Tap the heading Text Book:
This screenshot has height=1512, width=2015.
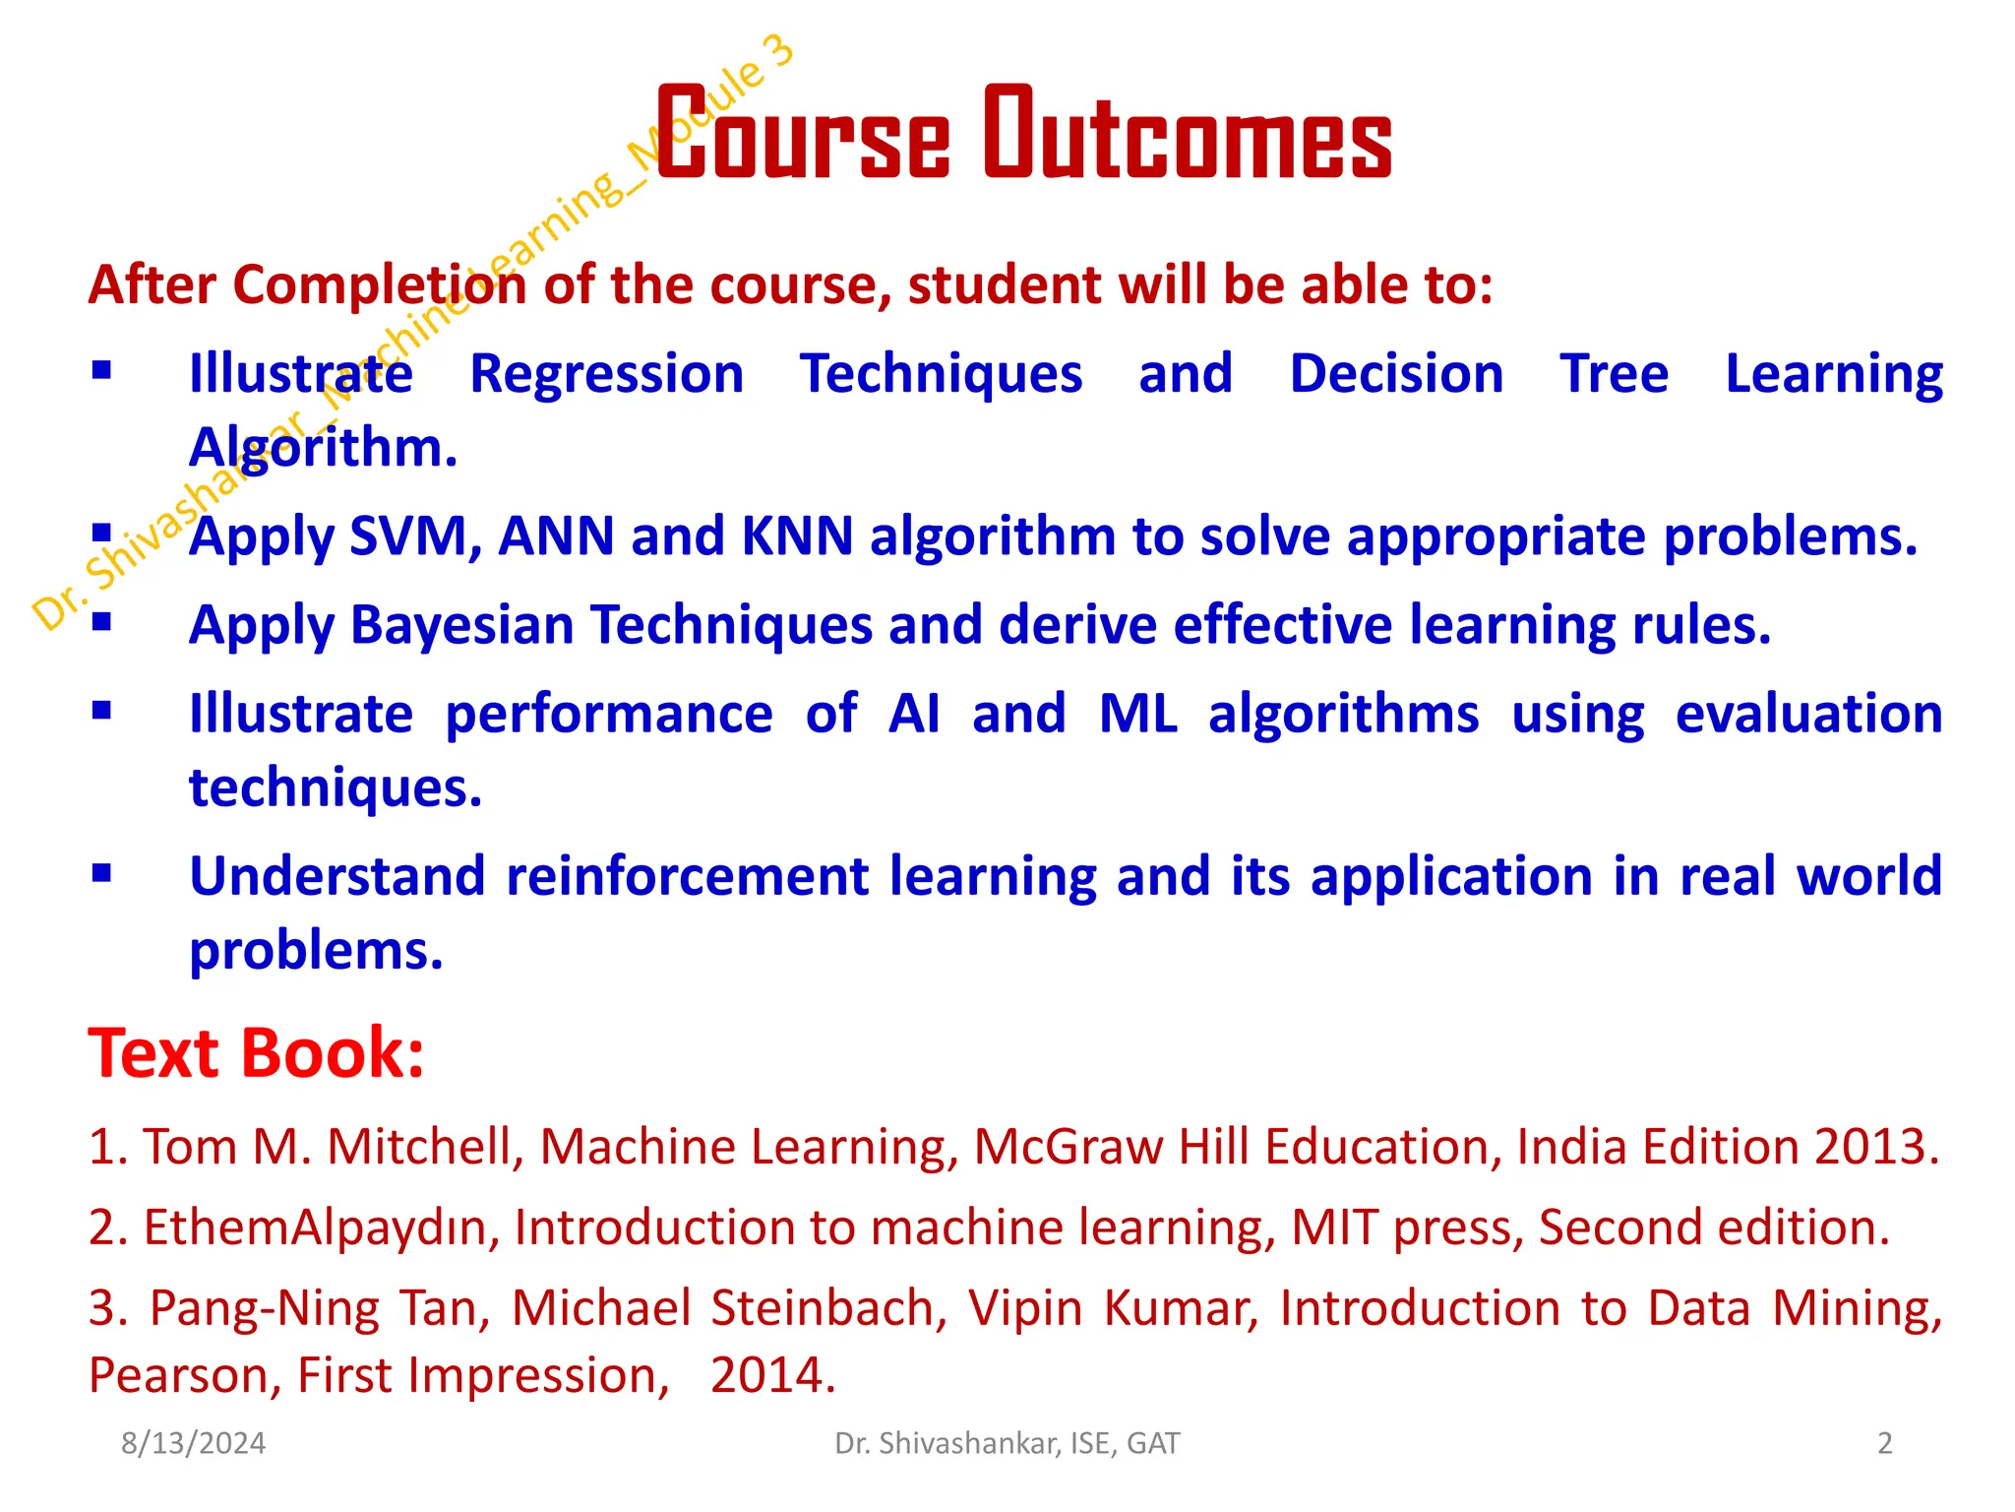(256, 1053)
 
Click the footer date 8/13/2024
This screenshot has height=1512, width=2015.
(193, 1443)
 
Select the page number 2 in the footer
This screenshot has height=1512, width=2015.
(1884, 1443)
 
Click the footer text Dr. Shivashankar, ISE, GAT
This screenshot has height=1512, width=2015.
(1007, 1443)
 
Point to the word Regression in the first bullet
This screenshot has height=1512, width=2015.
(606, 374)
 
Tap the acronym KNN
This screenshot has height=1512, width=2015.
(796, 536)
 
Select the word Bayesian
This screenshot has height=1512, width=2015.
(461, 625)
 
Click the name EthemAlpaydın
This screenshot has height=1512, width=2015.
(322, 1228)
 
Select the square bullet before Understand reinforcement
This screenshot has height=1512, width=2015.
(101, 872)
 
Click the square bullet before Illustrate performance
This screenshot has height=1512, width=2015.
(101, 710)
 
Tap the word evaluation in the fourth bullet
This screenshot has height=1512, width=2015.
(1808, 714)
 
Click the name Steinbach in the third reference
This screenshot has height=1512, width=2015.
(822, 1308)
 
